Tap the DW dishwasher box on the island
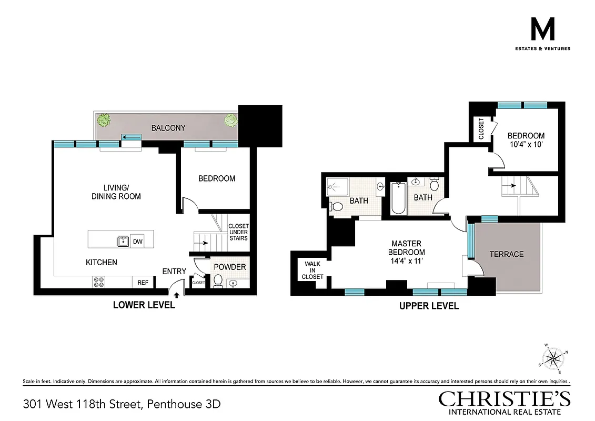click(137, 242)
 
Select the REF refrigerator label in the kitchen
click(143, 283)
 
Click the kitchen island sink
click(123, 242)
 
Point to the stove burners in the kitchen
click(98, 282)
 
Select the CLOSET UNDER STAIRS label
click(238, 232)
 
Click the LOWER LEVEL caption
click(144, 305)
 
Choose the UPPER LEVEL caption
click(428, 306)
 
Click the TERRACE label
click(507, 254)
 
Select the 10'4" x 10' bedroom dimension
click(526, 145)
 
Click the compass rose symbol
click(552, 358)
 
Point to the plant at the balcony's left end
click(104, 119)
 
